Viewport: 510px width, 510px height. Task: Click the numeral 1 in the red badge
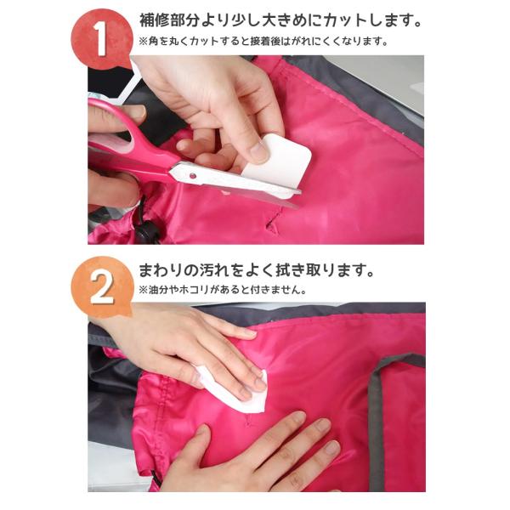pos(100,39)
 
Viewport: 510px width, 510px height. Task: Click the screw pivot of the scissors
pos(193,176)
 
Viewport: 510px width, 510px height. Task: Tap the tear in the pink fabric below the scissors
pos(273,221)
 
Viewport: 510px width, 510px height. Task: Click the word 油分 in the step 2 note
pos(157,290)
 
